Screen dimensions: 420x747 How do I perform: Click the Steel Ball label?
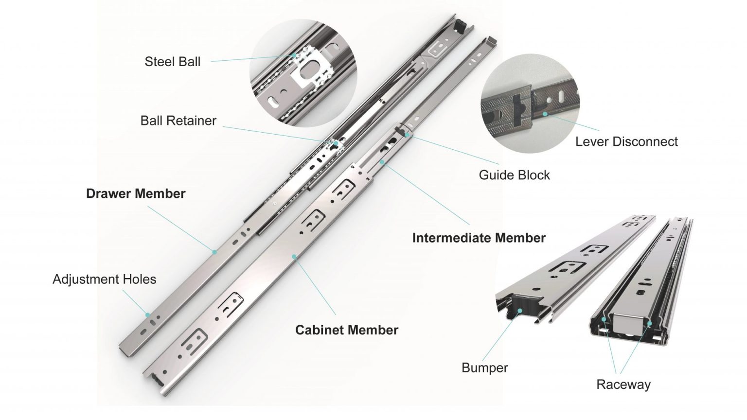pyautogui.click(x=172, y=62)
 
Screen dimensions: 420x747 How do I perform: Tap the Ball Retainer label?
pyautogui.click(x=178, y=121)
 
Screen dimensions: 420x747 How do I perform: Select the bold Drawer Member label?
pyautogui.click(x=136, y=193)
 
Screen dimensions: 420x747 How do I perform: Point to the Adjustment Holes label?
pyautogui.click(x=104, y=280)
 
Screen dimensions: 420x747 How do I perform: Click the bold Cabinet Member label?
pyautogui.click(x=347, y=330)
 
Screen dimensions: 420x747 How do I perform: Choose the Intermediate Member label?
pyautogui.click(x=479, y=238)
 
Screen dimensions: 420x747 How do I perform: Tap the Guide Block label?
pyautogui.click(x=514, y=175)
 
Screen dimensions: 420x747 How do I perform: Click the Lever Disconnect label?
pyautogui.click(x=626, y=141)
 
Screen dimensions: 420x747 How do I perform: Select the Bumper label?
pyautogui.click(x=484, y=367)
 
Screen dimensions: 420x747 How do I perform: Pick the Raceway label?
pyautogui.click(x=623, y=385)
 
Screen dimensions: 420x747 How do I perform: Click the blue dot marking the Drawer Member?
pyautogui.click(x=214, y=251)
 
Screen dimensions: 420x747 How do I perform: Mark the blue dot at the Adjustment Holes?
pyautogui.click(x=147, y=315)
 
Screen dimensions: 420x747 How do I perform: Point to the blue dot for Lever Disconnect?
pyautogui.click(x=545, y=114)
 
